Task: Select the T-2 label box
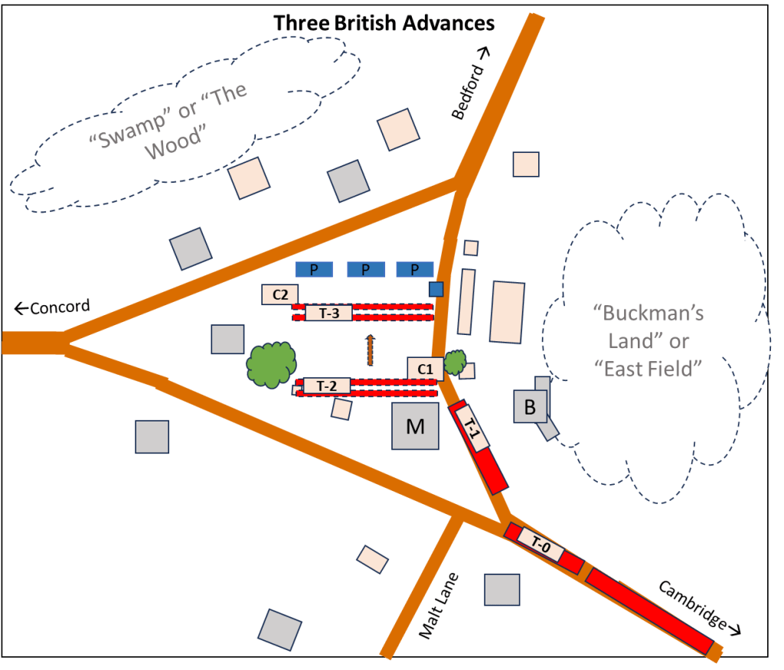[x=327, y=385]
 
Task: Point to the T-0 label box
[x=541, y=545]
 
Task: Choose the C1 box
[x=426, y=369]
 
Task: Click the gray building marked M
[x=415, y=426]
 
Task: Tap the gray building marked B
[x=530, y=407]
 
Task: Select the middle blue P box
[x=365, y=269]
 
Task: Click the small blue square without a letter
[x=436, y=289]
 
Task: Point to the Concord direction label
[x=53, y=307]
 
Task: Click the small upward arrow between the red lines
[x=370, y=350]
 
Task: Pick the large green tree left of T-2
[x=269, y=363]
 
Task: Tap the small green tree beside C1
[x=456, y=361]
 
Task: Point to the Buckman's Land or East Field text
[x=648, y=340]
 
